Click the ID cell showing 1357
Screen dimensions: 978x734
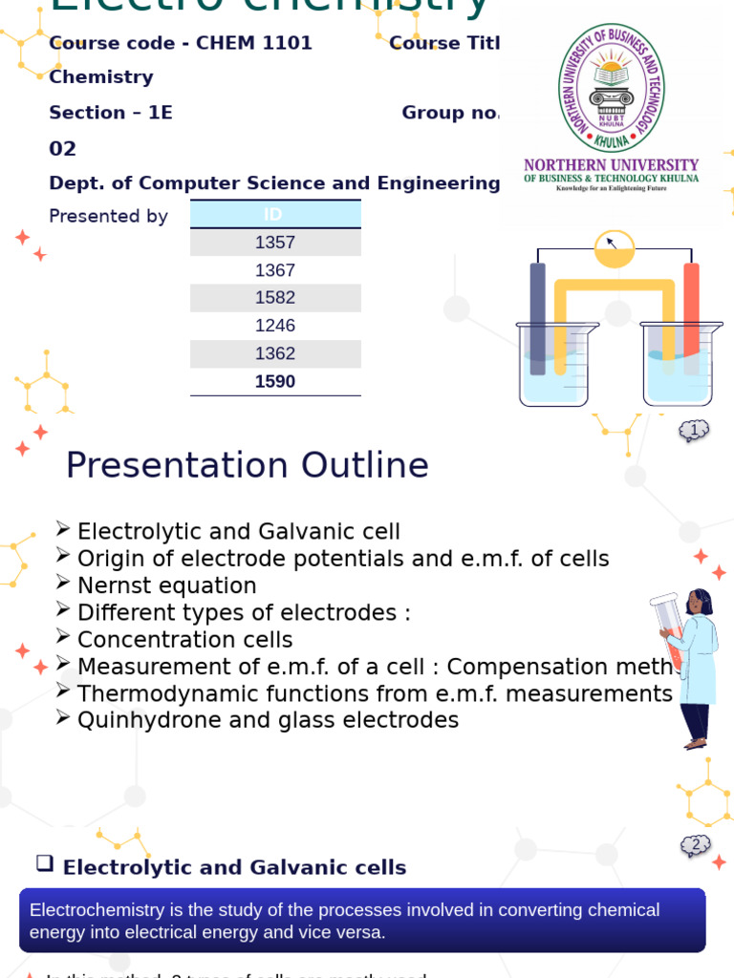coord(275,243)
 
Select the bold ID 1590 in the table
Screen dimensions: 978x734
coord(275,382)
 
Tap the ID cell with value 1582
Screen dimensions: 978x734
coord(275,298)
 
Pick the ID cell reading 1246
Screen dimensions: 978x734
coord(275,326)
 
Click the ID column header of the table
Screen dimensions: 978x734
coord(275,214)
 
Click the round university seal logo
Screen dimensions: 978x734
coord(611,87)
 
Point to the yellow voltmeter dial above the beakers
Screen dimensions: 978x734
coord(614,248)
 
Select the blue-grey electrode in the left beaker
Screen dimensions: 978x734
coord(538,317)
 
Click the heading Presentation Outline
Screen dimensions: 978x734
coord(247,465)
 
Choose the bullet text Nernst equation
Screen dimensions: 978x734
coord(166,585)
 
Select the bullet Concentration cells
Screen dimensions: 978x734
coord(184,640)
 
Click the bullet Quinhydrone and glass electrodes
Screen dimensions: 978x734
coord(268,720)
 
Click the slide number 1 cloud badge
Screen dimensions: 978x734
coord(694,431)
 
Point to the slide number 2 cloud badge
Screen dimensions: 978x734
coord(695,845)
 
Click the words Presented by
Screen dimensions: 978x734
coord(108,217)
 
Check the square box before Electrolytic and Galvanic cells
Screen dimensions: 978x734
coord(45,863)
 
